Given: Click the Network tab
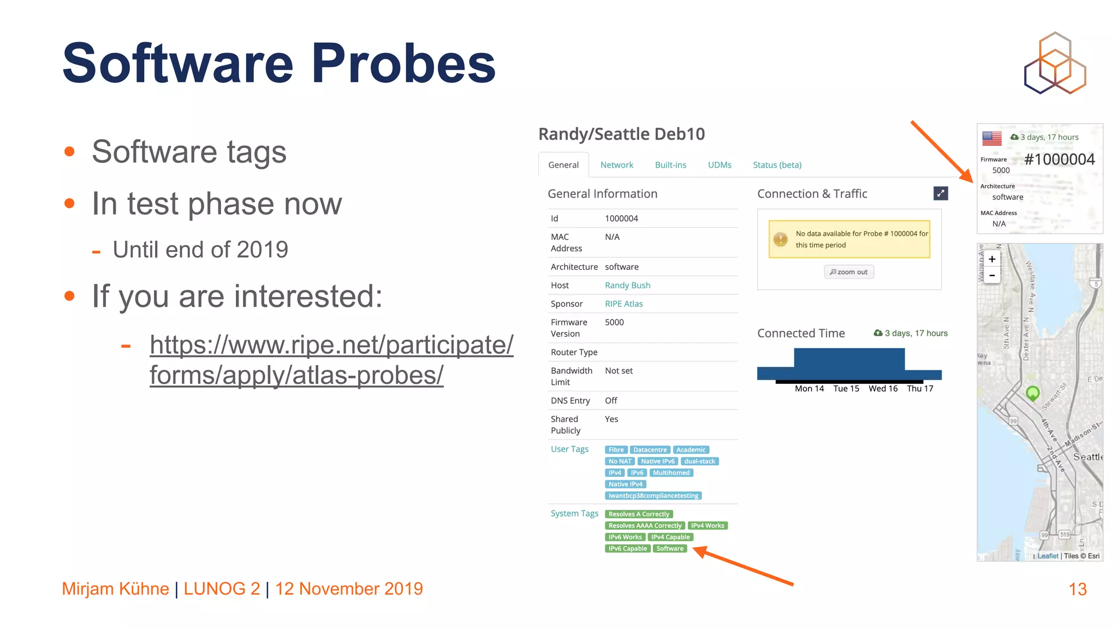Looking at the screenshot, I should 616,165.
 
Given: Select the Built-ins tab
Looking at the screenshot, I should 670,165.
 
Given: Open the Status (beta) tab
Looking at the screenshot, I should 777,165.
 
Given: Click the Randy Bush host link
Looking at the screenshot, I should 627,285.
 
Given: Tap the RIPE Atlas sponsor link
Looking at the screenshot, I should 623,304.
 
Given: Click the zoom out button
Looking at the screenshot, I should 848,272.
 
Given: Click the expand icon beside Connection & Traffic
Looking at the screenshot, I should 940,193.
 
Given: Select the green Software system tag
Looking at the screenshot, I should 670,549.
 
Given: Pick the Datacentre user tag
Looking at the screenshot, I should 650,450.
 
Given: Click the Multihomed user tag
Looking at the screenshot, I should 671,473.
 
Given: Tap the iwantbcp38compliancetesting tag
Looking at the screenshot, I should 653,496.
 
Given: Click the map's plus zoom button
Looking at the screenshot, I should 992,259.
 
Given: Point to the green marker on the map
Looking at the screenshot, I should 1032,393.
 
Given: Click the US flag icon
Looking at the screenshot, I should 991,138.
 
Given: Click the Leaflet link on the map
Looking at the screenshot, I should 1048,556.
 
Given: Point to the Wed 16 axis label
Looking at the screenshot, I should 883,389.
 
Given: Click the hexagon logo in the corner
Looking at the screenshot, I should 1055,63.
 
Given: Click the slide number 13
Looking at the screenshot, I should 1077,589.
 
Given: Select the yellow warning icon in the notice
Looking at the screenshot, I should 781,239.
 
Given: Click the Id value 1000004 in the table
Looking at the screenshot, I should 621,218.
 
